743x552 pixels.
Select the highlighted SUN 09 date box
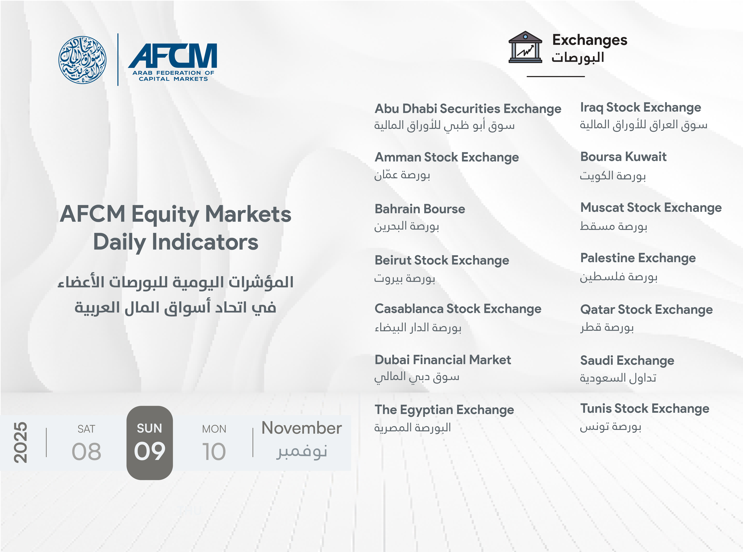point(150,443)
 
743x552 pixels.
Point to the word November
point(302,428)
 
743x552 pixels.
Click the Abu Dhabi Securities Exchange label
point(468,109)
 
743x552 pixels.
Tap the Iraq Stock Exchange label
point(640,108)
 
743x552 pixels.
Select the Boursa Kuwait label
point(623,157)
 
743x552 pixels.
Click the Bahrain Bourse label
point(420,209)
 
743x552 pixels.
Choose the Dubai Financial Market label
point(443,360)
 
